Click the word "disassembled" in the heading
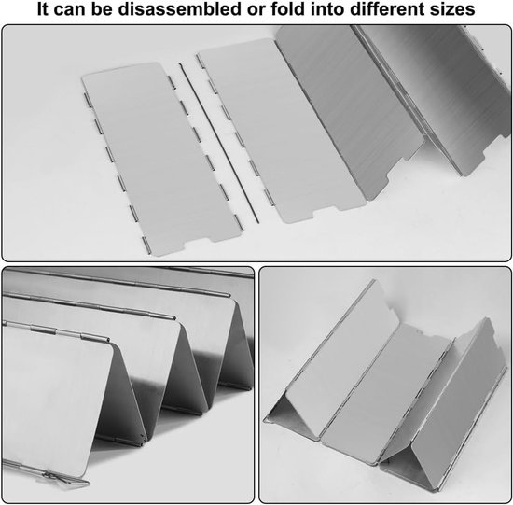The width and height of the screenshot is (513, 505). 180,8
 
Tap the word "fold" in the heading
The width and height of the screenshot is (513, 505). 288,8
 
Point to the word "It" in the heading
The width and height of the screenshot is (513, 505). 43,8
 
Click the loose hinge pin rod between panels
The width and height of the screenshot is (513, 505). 219,143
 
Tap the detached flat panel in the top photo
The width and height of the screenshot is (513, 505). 161,160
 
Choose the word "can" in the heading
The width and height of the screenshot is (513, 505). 70,8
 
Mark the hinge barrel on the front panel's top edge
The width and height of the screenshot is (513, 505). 43,330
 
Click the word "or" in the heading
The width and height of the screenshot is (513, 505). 256,8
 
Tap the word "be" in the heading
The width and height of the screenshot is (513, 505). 102,8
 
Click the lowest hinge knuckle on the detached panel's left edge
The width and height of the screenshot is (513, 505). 146,245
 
